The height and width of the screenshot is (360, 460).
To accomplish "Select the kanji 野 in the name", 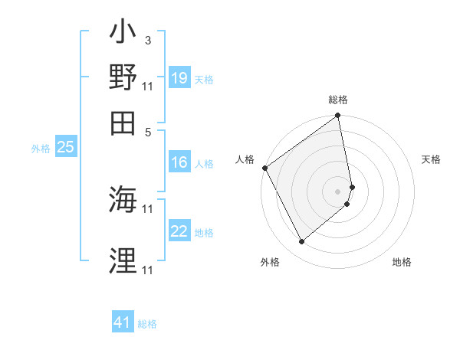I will click(x=123, y=78).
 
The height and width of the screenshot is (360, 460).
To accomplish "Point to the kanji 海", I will click(x=123, y=201).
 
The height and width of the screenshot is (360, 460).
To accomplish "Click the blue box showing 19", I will click(x=179, y=78).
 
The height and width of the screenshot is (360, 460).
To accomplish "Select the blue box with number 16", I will click(x=179, y=162).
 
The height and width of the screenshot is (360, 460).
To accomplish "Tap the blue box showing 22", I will click(x=179, y=231).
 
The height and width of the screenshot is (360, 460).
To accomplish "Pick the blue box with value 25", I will click(x=65, y=147).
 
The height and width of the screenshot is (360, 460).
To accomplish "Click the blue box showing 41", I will click(x=123, y=323).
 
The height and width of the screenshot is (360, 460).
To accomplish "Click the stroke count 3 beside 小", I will click(x=147, y=40).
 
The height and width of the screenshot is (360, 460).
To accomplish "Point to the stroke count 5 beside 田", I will click(x=147, y=131).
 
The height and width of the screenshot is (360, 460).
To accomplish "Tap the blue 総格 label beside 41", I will click(x=147, y=325).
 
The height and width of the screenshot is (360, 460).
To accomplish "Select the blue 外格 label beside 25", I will click(x=41, y=149).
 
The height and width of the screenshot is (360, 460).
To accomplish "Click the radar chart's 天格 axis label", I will click(x=431, y=159).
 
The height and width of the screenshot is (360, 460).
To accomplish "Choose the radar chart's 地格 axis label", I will click(x=402, y=262).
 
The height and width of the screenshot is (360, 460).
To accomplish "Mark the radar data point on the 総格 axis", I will click(x=337, y=116).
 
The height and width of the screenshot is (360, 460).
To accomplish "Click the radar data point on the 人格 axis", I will click(x=264, y=168).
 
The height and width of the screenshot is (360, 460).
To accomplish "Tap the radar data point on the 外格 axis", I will click(x=301, y=242).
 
